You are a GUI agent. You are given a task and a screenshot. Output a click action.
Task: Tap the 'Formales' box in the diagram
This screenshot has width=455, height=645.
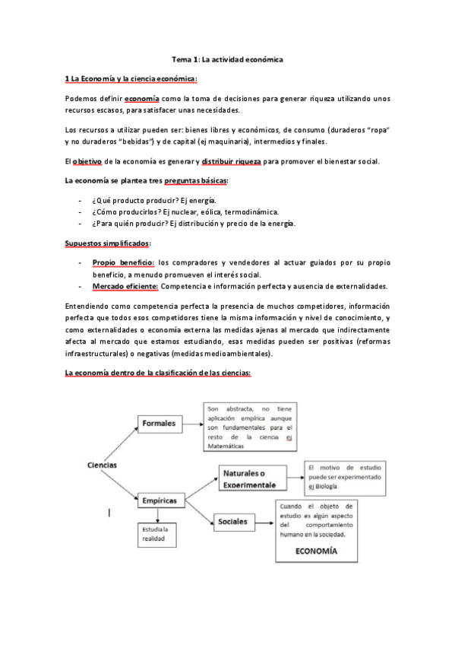tap(159, 423)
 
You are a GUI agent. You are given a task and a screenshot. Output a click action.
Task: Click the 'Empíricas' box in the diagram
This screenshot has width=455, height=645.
tap(160, 500)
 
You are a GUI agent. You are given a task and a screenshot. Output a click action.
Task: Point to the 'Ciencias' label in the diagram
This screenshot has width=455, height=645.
tap(101, 464)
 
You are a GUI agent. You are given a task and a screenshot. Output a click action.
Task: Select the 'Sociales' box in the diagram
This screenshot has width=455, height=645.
tap(232, 522)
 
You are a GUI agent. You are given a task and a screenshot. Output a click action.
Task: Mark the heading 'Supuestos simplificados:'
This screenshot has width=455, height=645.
tap(108, 243)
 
